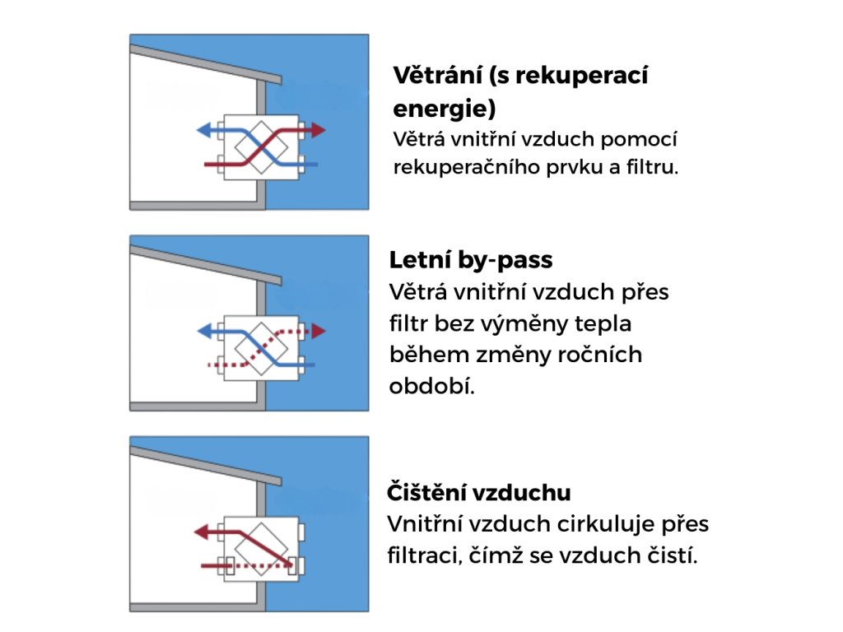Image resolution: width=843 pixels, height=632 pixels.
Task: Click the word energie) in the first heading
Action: click(445, 108)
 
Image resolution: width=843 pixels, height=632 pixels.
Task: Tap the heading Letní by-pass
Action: click(471, 261)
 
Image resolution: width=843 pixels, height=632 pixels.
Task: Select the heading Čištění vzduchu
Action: click(479, 493)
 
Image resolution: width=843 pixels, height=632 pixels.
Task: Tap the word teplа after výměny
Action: click(605, 323)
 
